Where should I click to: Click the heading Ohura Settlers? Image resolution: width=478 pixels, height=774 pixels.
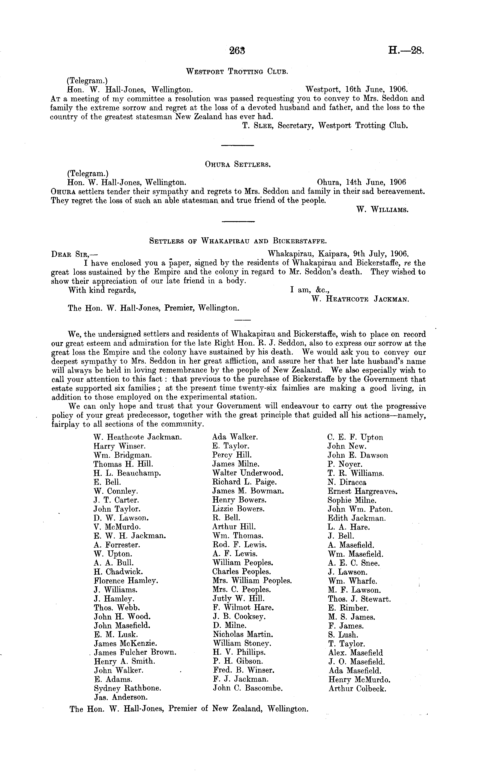coord(237,164)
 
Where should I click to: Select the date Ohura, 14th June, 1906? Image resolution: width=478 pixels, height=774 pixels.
coord(361,182)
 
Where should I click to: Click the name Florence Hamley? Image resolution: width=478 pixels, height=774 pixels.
coord(126,581)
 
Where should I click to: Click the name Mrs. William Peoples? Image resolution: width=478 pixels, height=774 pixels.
coord(252,581)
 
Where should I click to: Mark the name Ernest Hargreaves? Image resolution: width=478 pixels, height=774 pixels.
coord(362,491)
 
